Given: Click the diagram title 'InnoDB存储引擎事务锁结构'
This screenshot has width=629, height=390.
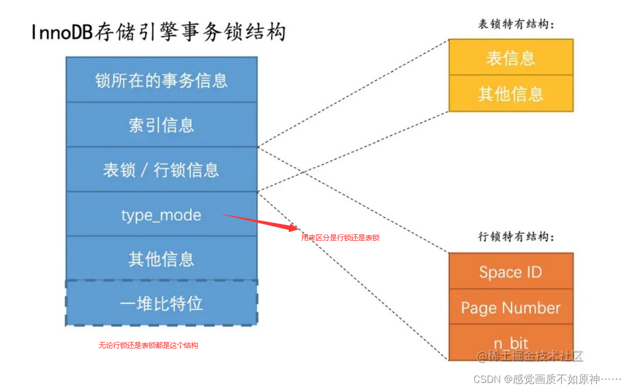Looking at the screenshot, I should [x=158, y=32].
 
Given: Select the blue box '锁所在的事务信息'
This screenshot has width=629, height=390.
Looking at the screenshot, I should [x=161, y=80].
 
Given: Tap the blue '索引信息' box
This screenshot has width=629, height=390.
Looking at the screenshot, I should [x=161, y=125].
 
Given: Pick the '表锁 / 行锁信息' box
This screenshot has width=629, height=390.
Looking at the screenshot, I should [x=161, y=170].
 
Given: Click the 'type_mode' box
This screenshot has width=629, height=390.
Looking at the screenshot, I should [x=161, y=215].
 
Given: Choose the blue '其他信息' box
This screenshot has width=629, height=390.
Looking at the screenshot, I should [x=161, y=258].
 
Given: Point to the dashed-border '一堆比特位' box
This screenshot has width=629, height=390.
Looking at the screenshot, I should [x=161, y=303].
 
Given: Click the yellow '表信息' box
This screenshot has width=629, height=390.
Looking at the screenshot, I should [x=511, y=57].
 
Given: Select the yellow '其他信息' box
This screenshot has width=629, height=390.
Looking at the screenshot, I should [x=511, y=93].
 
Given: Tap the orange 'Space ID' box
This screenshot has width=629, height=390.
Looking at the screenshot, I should [x=511, y=271].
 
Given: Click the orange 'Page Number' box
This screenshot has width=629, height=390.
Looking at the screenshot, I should [x=511, y=308].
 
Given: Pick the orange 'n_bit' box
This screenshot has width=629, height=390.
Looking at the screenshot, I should [x=511, y=342].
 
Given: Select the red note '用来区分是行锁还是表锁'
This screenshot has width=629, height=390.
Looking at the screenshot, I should [x=340, y=238].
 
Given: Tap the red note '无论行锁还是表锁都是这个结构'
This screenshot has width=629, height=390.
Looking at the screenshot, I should [x=148, y=345].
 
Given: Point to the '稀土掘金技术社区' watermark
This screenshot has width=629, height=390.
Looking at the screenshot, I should [x=530, y=356].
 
